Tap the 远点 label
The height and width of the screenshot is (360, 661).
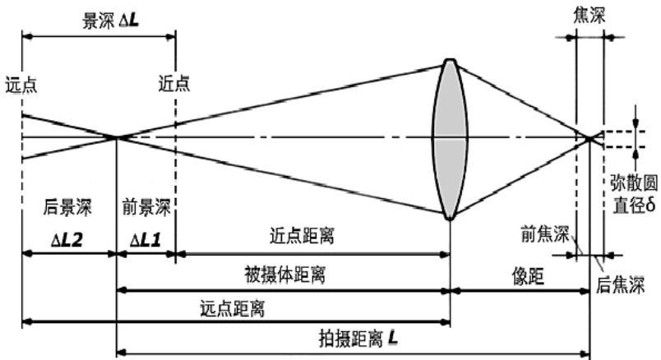pos(21,82)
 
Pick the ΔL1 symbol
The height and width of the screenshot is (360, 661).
pos(146,238)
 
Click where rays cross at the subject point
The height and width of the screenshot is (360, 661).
pos(118,137)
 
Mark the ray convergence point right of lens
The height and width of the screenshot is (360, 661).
pos(590,137)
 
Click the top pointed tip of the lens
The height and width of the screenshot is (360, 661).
pos(450,59)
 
